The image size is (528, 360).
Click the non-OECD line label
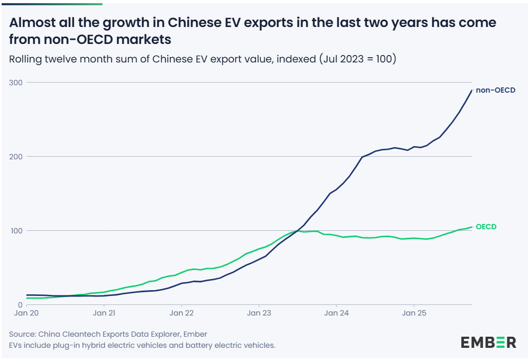(495, 90)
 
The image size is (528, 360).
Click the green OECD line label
(486, 227)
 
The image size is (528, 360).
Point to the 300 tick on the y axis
(16, 83)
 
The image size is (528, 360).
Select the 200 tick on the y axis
(16, 157)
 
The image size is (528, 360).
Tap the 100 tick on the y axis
(16, 231)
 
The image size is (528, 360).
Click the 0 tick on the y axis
(20, 305)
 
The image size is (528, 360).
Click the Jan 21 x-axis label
(104, 313)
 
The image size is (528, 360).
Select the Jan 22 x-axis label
(181, 313)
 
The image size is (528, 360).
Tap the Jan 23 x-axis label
(259, 313)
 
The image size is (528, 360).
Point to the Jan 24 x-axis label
(336, 313)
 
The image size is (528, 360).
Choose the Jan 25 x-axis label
(414, 313)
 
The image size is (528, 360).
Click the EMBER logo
(488, 342)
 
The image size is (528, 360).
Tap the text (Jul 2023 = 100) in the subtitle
(358, 59)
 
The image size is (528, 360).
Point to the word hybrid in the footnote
(104, 345)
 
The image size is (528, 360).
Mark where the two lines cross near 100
(297, 230)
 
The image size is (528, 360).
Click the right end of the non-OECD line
(471, 91)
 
